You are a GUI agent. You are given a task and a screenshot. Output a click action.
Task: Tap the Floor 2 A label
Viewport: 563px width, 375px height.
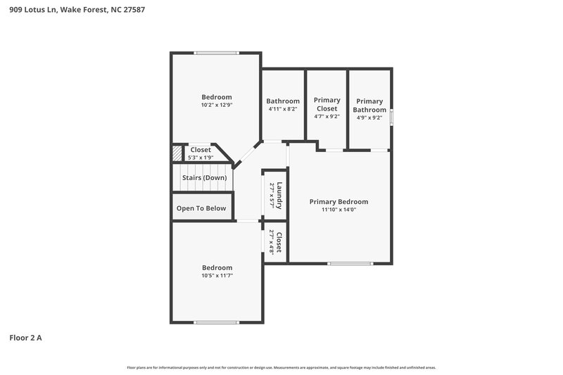pyautogui.click(x=25, y=338)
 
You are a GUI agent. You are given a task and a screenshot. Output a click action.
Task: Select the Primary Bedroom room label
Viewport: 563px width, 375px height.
pyautogui.click(x=339, y=202)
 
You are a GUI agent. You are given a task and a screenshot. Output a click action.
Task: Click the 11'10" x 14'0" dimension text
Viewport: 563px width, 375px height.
pyautogui.click(x=339, y=210)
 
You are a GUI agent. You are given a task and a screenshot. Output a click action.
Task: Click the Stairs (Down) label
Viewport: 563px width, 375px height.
pyautogui.click(x=204, y=178)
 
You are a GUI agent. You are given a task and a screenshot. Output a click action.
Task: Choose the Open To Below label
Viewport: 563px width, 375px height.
pyautogui.click(x=201, y=208)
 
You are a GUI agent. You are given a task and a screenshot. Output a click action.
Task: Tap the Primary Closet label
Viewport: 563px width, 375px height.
pyautogui.click(x=327, y=104)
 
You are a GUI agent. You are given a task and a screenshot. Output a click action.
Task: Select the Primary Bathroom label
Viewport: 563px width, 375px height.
pyautogui.click(x=369, y=106)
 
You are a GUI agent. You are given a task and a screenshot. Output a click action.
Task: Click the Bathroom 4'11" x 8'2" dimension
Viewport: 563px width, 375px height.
pyautogui.click(x=283, y=109)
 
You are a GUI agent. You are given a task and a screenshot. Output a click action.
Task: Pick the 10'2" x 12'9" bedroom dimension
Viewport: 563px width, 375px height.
pyautogui.click(x=217, y=105)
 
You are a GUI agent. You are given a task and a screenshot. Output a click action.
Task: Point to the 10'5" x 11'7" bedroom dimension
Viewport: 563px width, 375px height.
pyautogui.click(x=217, y=275)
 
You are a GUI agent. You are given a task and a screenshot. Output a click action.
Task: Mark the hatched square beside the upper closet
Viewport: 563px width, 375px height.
pyautogui.click(x=177, y=153)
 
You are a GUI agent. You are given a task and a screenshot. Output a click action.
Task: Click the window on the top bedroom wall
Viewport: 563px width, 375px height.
pyautogui.click(x=217, y=52)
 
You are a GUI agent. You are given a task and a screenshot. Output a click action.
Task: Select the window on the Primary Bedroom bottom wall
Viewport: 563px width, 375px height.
pyautogui.click(x=350, y=263)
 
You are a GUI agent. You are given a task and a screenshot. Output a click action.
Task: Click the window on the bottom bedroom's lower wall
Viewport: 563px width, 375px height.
pyautogui.click(x=217, y=322)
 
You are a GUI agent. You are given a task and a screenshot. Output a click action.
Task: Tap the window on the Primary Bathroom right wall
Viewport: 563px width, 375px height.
pyautogui.click(x=391, y=116)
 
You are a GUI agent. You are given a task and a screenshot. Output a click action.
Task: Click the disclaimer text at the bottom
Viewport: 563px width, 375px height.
pyautogui.click(x=281, y=367)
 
